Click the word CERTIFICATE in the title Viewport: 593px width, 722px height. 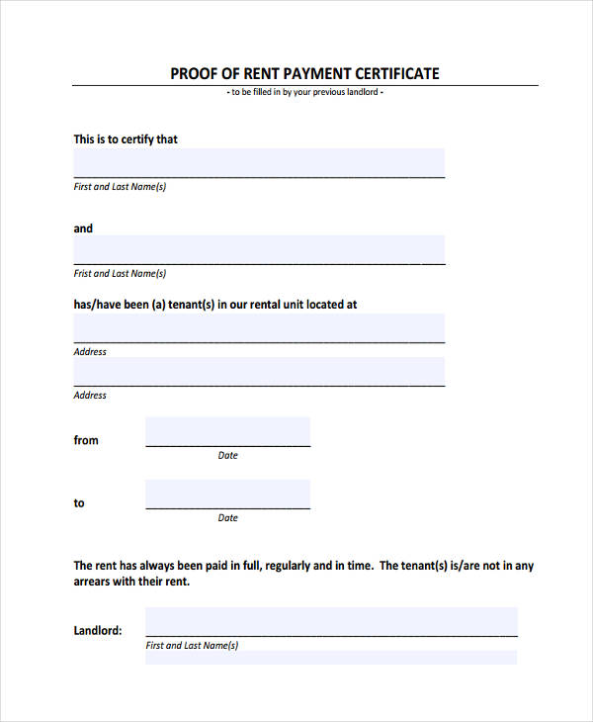[392, 73]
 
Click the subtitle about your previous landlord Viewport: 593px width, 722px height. [305, 92]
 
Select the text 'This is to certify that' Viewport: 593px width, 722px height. [126, 139]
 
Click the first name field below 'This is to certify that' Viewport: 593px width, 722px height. [259, 162]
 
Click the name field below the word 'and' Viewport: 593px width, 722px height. [259, 249]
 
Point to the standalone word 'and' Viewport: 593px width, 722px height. [83, 228]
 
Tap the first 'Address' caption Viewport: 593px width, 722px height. [90, 352]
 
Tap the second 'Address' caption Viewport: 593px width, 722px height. [90, 396]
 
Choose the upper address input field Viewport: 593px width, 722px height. [259, 328]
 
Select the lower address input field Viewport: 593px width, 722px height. [259, 372]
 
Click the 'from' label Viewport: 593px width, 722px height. [86, 441]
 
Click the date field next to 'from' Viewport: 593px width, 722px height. [227, 432]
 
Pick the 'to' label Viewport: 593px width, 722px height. [79, 503]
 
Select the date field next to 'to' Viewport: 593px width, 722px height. [227, 495]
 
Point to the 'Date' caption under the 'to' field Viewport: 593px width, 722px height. [227, 518]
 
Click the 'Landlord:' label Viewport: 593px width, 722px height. [98, 630]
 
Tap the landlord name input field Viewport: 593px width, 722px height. [331, 622]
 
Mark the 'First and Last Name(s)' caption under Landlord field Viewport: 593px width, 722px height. [192, 646]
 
